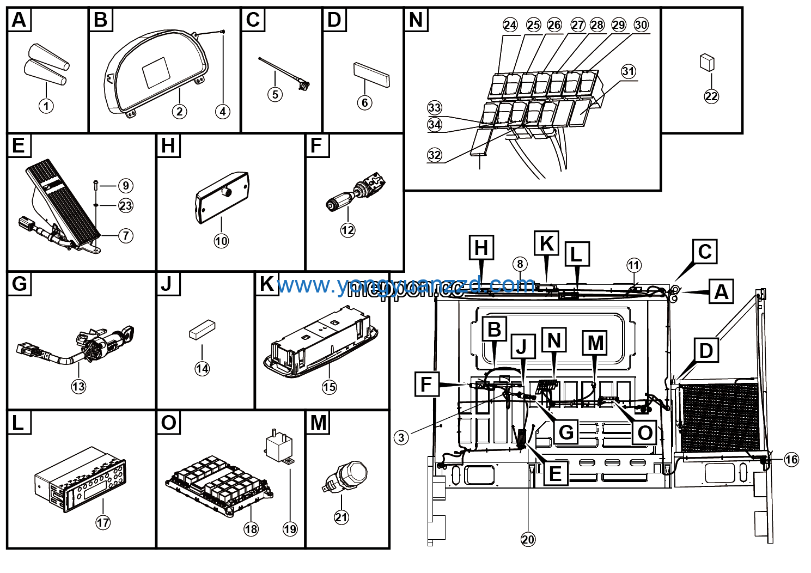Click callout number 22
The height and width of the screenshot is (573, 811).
(711, 96)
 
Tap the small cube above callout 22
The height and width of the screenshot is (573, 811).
(707, 62)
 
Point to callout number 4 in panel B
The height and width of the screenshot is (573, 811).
(222, 111)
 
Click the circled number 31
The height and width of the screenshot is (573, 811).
(628, 71)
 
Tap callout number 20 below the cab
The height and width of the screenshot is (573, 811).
(528, 539)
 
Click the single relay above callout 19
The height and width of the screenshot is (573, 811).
(278, 448)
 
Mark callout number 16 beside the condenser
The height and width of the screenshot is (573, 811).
(791, 460)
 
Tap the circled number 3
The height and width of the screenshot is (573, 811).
(401, 437)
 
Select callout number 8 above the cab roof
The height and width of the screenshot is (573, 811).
(520, 264)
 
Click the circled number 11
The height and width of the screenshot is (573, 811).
(633, 265)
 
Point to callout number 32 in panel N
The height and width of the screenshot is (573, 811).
(434, 155)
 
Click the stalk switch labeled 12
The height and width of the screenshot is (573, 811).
(354, 196)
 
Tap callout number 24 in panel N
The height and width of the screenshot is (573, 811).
(510, 25)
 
